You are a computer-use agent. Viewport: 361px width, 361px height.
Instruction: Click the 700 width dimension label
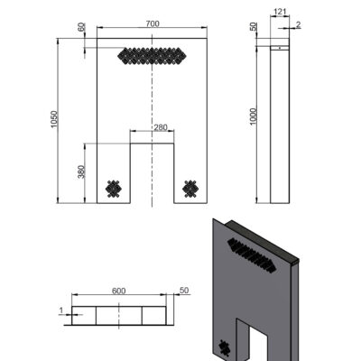click(x=153, y=23)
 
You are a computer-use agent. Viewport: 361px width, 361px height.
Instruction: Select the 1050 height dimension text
click(x=54, y=119)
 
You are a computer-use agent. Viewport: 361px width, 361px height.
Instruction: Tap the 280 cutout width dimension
click(x=161, y=127)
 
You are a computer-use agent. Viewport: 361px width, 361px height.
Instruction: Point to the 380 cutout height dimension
click(x=81, y=171)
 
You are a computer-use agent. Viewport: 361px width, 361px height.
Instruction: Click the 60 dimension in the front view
click(x=81, y=27)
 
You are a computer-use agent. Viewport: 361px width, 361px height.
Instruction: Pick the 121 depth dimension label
click(x=280, y=12)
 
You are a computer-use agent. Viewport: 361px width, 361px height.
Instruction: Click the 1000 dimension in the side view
click(x=254, y=116)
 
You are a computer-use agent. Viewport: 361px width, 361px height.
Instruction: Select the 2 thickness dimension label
click(x=298, y=24)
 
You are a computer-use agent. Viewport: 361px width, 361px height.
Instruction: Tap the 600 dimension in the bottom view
click(x=119, y=291)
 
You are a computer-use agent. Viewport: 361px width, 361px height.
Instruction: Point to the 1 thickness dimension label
click(x=61, y=310)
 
